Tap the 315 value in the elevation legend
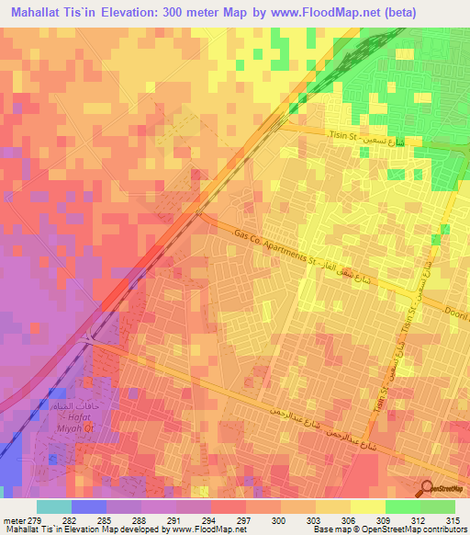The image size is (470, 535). click(451, 519)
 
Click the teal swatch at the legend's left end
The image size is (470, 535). click(54, 507)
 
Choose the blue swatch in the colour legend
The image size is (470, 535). click(89, 507)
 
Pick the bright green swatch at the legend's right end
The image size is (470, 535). click(438, 507)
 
